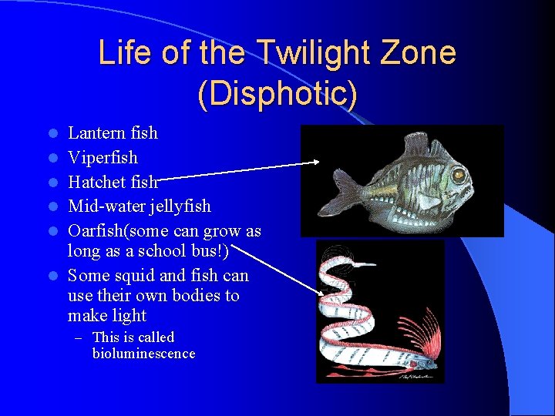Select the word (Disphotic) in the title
pyautogui.click(x=277, y=93)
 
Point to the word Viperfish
pyautogui.click(x=103, y=158)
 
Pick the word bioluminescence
pyautogui.click(x=143, y=354)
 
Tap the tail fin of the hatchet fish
pyautogui.click(x=344, y=186)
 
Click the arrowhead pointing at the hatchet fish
pyautogui.click(x=315, y=162)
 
